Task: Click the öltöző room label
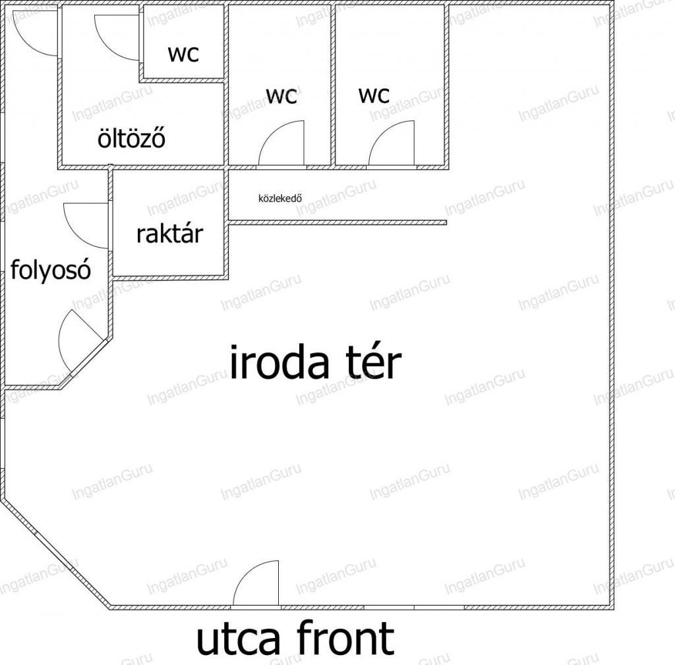tap(131, 138)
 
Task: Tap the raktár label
tap(169, 234)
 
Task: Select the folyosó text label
tap(50, 270)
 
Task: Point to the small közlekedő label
tap(279, 198)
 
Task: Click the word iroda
tap(279, 362)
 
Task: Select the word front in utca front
tap(345, 638)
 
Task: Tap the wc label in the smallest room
tap(183, 54)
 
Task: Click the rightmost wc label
tap(374, 95)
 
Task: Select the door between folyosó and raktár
tap(86, 225)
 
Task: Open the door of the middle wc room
tap(281, 143)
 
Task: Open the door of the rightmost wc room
tap(392, 143)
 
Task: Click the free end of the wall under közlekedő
tap(446, 223)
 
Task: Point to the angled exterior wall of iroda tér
tap(55, 554)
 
